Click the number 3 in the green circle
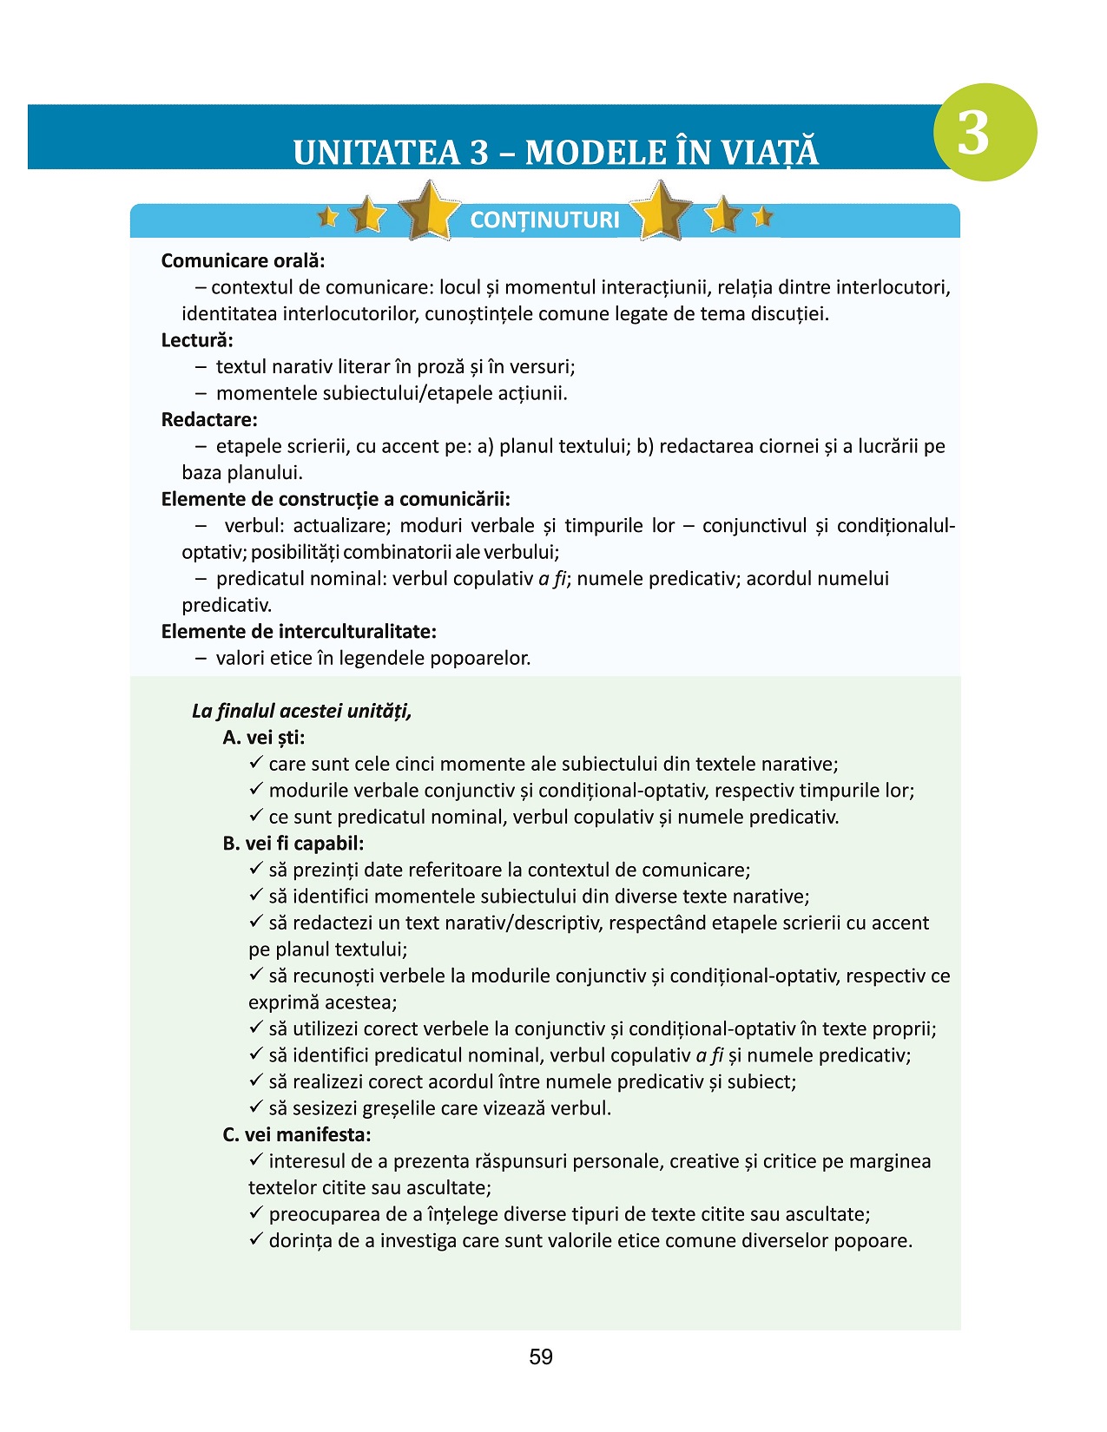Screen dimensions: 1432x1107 click(x=973, y=133)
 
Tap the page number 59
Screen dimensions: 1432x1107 click(x=540, y=1357)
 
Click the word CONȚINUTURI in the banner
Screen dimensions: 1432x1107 click(x=544, y=220)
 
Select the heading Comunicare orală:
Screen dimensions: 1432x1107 click(x=243, y=260)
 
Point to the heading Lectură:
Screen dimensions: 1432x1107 click(x=197, y=340)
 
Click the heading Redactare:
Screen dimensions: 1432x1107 click(x=209, y=420)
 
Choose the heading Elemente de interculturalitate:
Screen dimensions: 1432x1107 click(x=299, y=632)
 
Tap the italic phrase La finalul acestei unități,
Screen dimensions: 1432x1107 click(x=301, y=712)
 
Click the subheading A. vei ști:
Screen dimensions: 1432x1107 click(x=264, y=738)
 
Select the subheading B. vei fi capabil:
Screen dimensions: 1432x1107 click(x=293, y=844)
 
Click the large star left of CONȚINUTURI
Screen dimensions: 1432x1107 click(x=429, y=211)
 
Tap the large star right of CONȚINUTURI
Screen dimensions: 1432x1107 click(x=662, y=211)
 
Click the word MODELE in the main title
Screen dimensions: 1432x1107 click(x=590, y=153)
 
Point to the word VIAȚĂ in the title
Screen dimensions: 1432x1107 click(x=770, y=153)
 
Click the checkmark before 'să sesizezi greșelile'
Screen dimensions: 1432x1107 click(x=256, y=1107)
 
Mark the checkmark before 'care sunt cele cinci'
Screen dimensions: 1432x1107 click(x=256, y=763)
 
